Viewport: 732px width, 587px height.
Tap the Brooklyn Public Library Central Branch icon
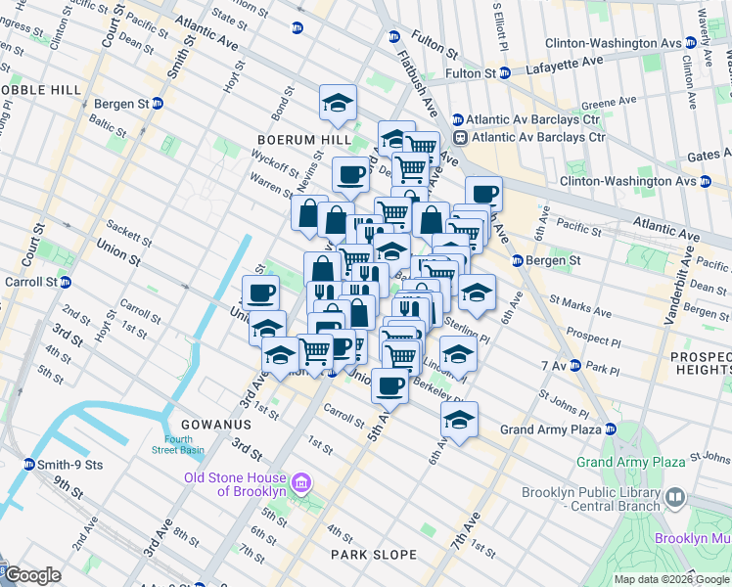674,498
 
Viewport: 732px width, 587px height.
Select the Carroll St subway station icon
66,282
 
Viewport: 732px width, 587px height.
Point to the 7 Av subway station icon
575,366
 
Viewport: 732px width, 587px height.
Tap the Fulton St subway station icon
505,72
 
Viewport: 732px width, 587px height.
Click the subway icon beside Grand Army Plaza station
610,429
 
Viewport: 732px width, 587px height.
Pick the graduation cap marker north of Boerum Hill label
338,104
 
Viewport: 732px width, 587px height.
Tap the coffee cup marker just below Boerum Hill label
350,176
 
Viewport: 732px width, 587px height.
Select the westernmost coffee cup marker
260,293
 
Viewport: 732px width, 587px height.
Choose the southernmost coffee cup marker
389,385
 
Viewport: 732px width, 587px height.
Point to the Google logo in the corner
32,575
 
